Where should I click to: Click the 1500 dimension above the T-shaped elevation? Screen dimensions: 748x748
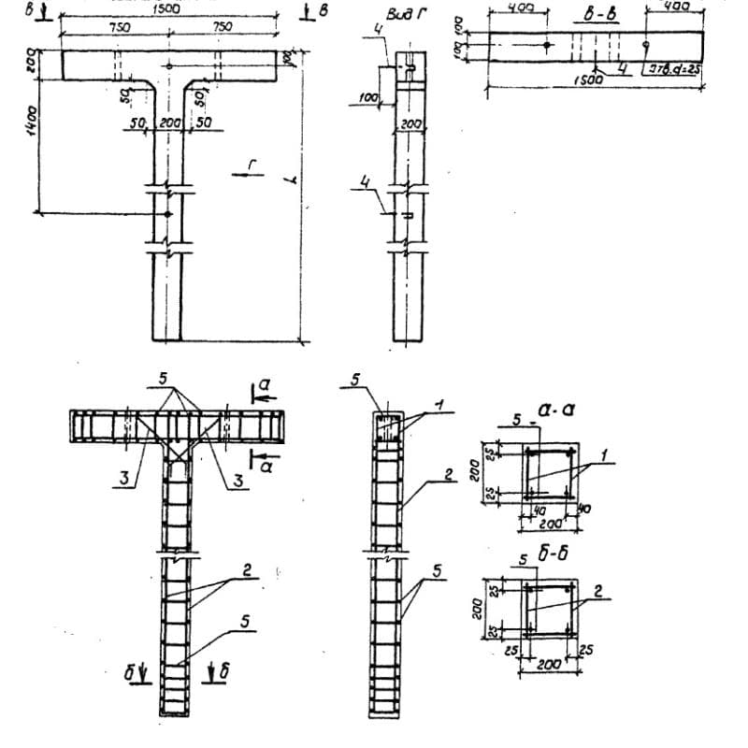coord(167,8)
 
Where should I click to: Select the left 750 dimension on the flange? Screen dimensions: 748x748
coord(120,27)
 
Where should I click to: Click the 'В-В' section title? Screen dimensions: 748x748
coord(598,18)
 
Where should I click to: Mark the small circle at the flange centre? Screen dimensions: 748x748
coord(167,66)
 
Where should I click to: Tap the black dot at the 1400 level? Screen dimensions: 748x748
coord(167,214)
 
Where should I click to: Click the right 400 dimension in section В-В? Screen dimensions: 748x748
coord(676,7)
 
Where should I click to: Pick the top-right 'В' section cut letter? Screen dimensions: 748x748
coord(324,9)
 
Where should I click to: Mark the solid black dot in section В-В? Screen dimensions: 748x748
coord(547,45)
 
